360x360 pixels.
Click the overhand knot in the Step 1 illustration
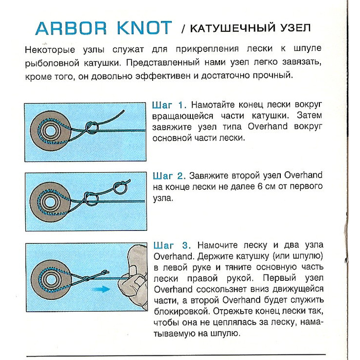pos(92,126)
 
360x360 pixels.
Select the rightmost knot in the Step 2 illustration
pos(119,189)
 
